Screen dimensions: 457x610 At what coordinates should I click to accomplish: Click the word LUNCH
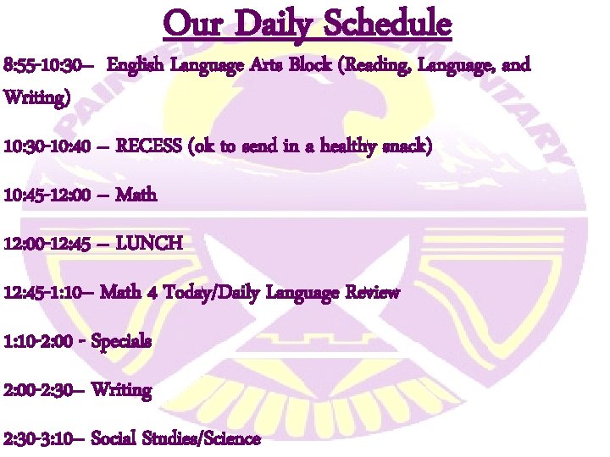tap(149, 245)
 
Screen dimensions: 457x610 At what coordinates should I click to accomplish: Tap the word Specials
tap(121, 341)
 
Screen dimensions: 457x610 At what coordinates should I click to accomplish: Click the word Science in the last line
tap(230, 438)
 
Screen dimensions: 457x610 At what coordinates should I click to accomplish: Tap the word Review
tap(371, 293)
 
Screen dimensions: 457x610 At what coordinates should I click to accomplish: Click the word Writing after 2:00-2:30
tap(121, 390)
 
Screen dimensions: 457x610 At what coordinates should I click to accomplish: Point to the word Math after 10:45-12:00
tap(136, 195)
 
